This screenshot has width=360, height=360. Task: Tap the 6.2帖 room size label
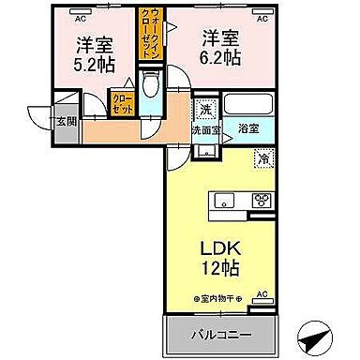218,57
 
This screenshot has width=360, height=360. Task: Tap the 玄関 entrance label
66,121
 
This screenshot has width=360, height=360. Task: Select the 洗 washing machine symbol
206,110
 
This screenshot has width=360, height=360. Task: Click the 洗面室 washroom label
206,130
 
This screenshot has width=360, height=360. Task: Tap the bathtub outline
248,105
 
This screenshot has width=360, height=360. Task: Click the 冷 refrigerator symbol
265,157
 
